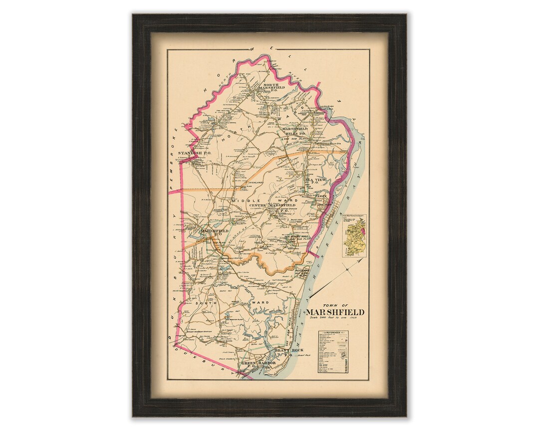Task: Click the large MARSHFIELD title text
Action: (x=335, y=312)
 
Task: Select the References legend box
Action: (x=333, y=352)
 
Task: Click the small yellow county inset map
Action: (x=354, y=235)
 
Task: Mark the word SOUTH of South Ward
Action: (x=206, y=303)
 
